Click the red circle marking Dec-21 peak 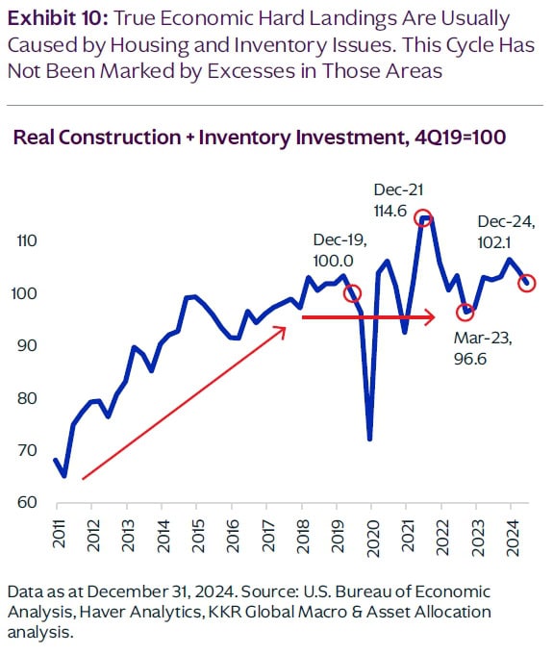422,217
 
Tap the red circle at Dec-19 352,293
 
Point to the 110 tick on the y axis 27,240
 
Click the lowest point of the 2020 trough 370,439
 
